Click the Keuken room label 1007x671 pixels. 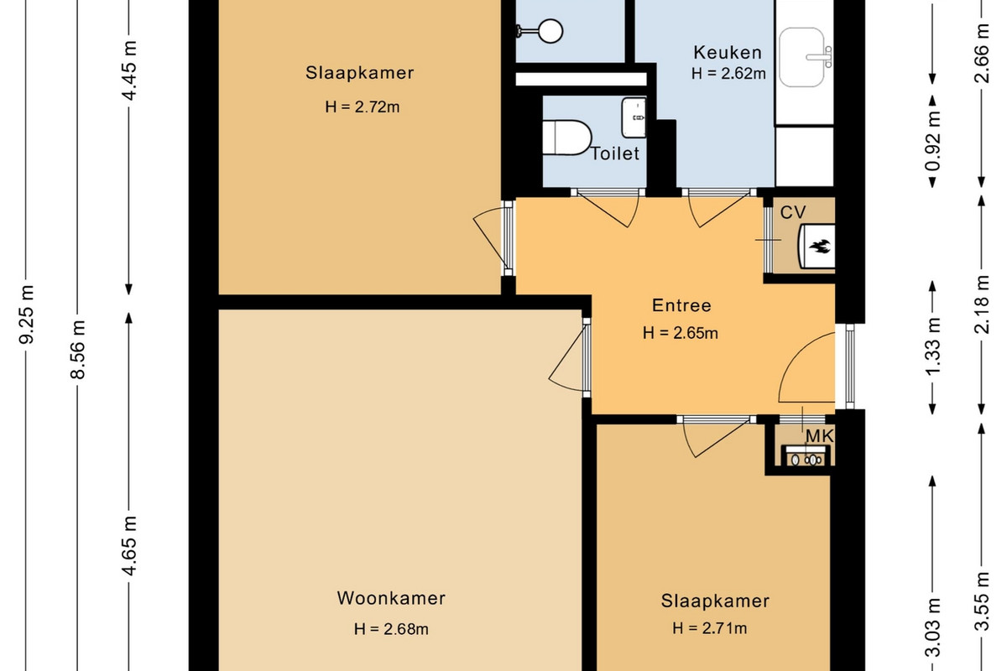click(728, 53)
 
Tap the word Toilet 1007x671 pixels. click(614, 153)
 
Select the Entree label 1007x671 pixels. click(681, 305)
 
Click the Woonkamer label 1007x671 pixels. click(391, 598)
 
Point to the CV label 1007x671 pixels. click(793, 212)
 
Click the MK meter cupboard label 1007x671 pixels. click(820, 436)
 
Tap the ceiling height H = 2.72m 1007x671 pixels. click(363, 107)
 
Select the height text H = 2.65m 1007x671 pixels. click(681, 333)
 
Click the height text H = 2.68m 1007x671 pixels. click(391, 629)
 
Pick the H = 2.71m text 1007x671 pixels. click(710, 628)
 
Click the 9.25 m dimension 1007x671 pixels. click(27, 315)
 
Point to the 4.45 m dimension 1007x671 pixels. click(129, 70)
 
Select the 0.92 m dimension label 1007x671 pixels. click(932, 141)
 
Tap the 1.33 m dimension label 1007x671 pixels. click(932, 346)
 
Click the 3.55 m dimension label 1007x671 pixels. click(982, 601)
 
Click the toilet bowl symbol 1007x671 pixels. click(566, 138)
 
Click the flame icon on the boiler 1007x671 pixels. click(821, 247)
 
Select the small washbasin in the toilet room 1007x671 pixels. click(634, 117)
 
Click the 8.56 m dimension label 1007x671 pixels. click(78, 349)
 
